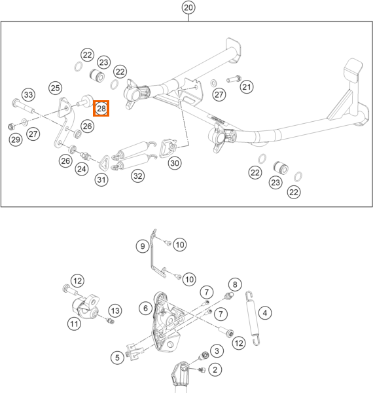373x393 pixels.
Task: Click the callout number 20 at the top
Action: pos(188,7)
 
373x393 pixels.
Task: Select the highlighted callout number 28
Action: pos(101,109)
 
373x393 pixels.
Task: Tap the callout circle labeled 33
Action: pos(29,95)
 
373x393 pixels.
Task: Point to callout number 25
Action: pos(56,88)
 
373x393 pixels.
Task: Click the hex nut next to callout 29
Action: pos(10,126)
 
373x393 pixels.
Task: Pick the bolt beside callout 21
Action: pos(234,79)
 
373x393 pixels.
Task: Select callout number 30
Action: pos(175,163)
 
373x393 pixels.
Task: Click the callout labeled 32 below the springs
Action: pos(138,176)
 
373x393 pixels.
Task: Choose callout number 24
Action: pos(82,169)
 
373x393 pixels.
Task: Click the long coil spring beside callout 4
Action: pos(253,318)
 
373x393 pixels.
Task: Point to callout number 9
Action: pos(143,246)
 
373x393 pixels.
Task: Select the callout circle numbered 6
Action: pos(146,309)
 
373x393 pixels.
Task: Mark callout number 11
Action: pos(74,324)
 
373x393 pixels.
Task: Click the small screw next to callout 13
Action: pos(111,320)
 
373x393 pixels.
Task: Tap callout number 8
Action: pos(235,284)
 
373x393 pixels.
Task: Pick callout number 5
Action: pos(117,358)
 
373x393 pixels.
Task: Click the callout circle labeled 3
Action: pos(217,351)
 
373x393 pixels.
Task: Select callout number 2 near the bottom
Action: pos(215,369)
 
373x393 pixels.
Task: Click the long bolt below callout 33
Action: pos(22,106)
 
